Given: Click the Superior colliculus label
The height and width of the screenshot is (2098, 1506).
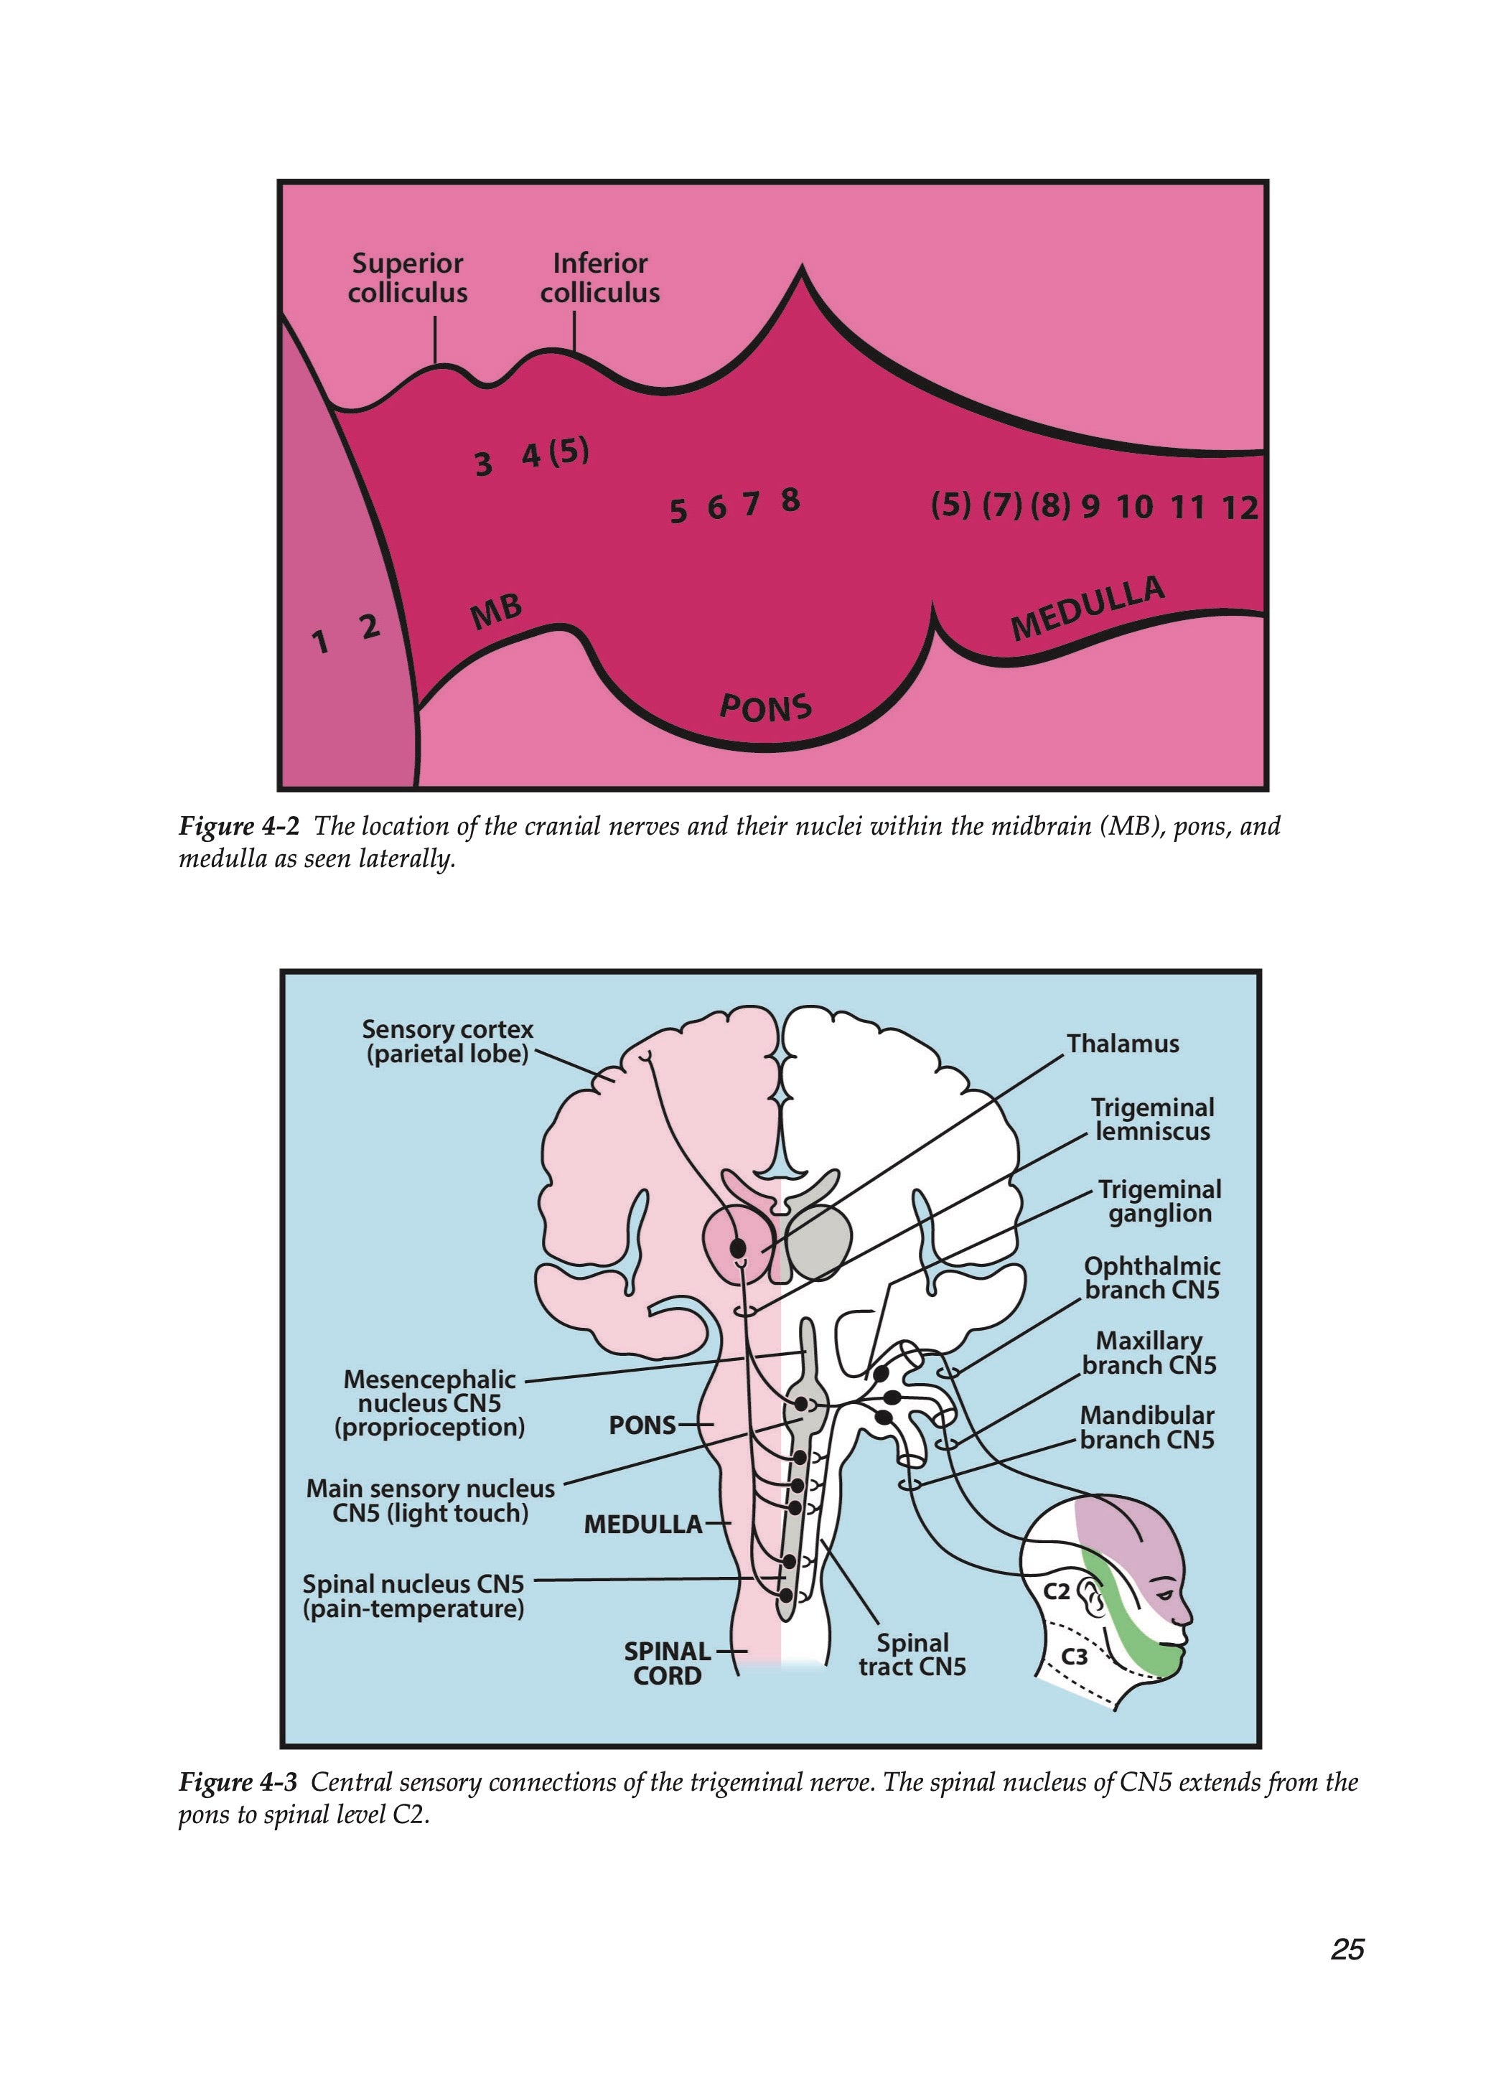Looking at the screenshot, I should click(407, 278).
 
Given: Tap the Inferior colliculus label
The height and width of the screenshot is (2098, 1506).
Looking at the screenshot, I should click(599, 278).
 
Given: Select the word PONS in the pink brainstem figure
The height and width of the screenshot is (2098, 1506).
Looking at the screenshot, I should click(765, 708).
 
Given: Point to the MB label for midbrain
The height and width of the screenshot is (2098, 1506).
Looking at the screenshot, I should click(497, 612).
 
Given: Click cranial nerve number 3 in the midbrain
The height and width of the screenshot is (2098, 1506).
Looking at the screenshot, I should click(483, 462).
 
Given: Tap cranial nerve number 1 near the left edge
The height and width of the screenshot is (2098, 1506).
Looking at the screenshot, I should click(320, 640).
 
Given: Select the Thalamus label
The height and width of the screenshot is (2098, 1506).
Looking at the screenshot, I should click(1122, 1044).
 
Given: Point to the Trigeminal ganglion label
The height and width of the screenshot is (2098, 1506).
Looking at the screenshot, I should click(1159, 1201).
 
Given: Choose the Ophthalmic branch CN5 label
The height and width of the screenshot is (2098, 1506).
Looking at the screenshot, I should click(1151, 1278).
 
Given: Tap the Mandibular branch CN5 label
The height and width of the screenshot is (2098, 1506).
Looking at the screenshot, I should click(1146, 1428).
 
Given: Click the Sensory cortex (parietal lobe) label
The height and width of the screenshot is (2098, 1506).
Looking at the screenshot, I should click(448, 1041).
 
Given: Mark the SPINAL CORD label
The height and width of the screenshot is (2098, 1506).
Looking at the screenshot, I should click(667, 1663).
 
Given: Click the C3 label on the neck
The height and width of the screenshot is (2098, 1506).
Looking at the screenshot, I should click(1073, 1657).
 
